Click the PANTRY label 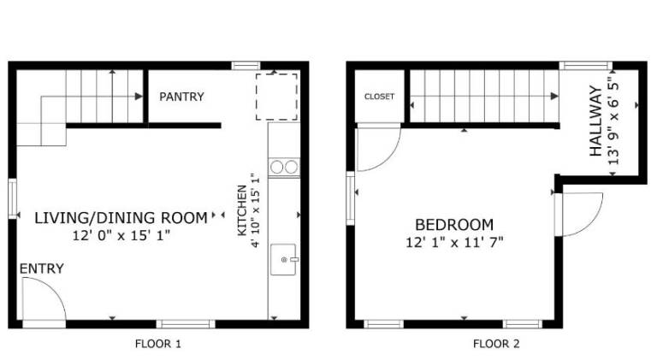click(181, 97)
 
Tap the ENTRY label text click(41, 269)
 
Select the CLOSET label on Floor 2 click(379, 97)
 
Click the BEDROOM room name click(454, 225)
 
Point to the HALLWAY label click(595, 121)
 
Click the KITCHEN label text click(242, 210)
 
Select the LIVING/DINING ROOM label click(121, 218)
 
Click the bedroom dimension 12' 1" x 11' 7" click(454, 242)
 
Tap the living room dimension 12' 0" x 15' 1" click(121, 235)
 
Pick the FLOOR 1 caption click(158, 344)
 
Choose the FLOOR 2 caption click(496, 344)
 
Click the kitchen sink click(283, 260)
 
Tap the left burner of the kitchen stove click(276, 167)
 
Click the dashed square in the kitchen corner click(276, 97)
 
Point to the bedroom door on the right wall click(578, 215)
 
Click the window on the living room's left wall click(13, 199)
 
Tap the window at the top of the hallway click(586, 66)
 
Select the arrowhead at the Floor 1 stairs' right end click(139, 97)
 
